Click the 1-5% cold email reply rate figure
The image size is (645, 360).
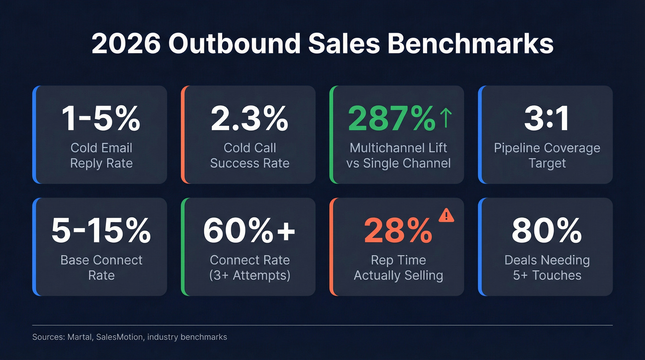[101, 119]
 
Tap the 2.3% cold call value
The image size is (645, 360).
[249, 119]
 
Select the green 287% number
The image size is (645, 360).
[391, 119]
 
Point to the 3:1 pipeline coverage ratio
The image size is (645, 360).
[547, 119]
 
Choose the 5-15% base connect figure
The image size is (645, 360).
[101, 231]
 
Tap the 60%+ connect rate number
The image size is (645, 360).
[249, 231]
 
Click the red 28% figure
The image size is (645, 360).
[398, 231]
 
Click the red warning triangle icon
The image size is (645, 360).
[446, 215]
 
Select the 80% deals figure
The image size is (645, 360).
[547, 231]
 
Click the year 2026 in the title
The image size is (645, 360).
[125, 45]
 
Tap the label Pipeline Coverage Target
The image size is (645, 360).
[547, 155]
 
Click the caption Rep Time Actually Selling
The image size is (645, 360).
[398, 268]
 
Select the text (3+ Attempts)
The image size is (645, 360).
[249, 276]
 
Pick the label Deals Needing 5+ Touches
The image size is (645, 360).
[547, 268]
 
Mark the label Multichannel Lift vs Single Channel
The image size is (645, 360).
[398, 155]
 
